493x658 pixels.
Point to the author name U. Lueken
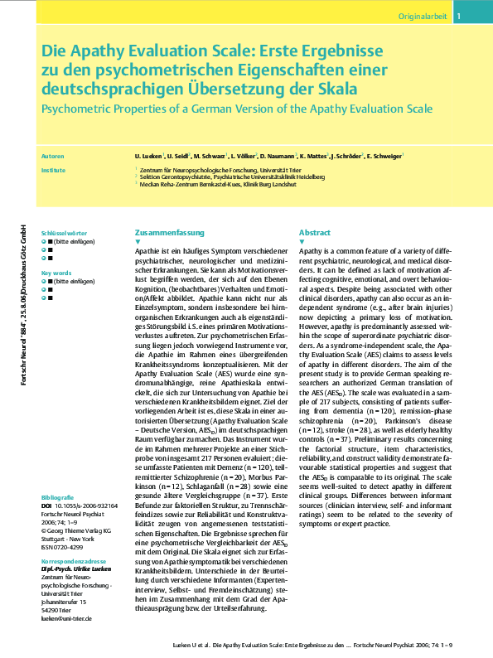pos(148,155)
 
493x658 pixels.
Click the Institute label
pos(52,169)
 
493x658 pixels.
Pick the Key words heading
pos(56,272)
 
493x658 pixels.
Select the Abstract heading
pos(315,233)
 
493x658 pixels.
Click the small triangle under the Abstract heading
pos(302,241)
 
